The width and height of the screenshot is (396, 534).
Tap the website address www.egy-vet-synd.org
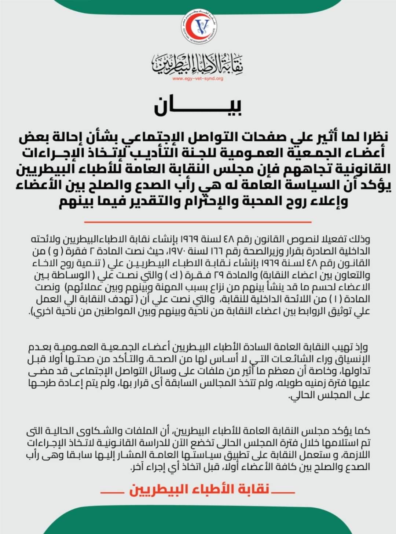coord(198,78)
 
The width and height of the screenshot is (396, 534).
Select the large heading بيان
coord(198,106)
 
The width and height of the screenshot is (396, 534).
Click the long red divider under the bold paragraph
coord(198,222)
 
